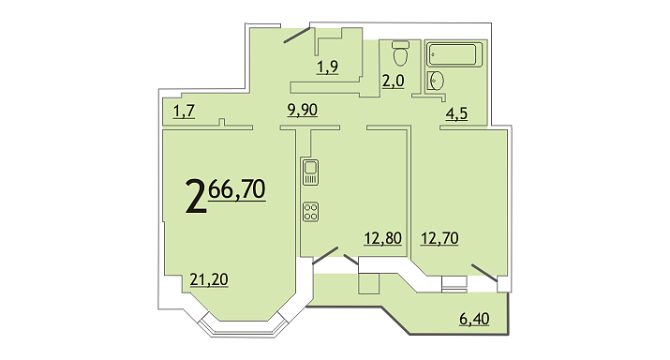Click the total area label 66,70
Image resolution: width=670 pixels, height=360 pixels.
point(237,189)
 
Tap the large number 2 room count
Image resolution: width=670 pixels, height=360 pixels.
point(196,197)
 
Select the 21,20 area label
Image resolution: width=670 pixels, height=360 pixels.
point(209,279)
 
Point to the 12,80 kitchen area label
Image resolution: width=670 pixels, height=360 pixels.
point(383,238)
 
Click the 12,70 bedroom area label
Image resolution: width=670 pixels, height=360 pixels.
point(439,238)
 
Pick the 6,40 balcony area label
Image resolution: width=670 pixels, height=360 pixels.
point(474,319)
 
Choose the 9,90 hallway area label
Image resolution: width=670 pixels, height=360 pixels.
point(303,111)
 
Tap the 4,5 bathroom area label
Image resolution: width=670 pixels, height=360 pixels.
point(456,114)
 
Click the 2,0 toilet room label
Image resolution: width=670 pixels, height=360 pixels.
point(394,81)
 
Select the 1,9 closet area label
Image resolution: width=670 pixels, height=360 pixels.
point(328,67)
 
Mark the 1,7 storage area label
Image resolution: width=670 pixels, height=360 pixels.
point(185,112)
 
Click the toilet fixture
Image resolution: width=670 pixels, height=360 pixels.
point(400,52)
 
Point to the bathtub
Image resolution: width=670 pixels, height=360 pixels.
point(454,54)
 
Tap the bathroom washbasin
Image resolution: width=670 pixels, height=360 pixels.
point(436,81)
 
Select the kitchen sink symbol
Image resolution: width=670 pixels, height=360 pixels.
point(311,172)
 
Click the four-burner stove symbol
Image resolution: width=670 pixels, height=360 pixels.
point(311,212)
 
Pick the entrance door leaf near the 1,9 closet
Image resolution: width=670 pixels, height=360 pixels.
point(297,36)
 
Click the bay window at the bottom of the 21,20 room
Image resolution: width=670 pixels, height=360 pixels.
point(244,327)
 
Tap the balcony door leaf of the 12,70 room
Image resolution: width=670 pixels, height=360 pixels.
point(484,273)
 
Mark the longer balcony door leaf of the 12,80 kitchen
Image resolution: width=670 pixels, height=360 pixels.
point(325,256)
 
